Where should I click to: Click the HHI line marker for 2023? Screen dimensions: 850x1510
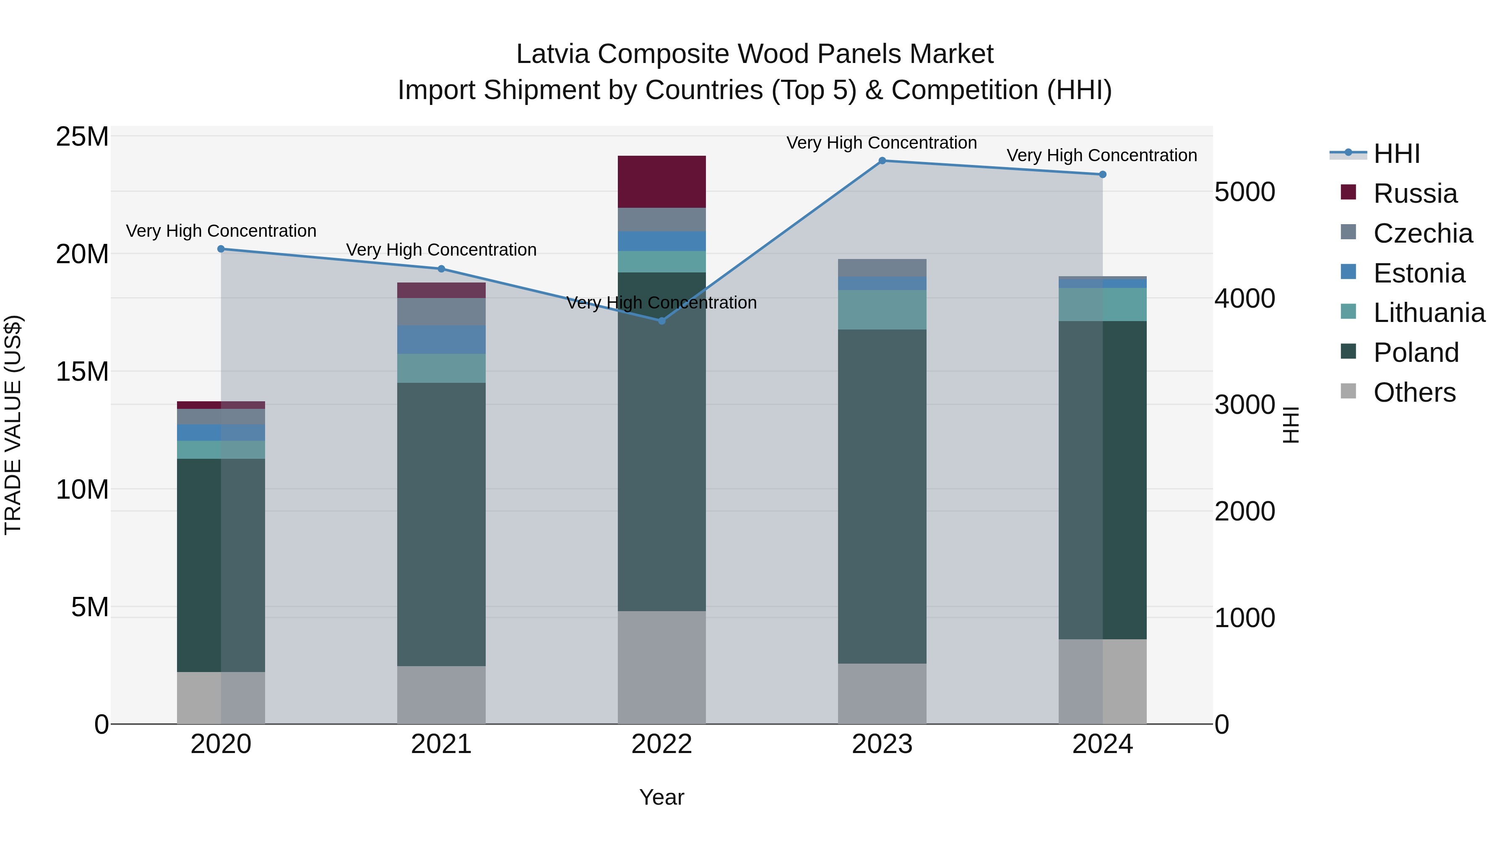click(882, 161)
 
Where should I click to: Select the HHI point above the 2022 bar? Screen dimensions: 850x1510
click(662, 321)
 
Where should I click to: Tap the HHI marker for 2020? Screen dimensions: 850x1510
click(221, 249)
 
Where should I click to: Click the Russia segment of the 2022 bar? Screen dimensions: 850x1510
click(662, 182)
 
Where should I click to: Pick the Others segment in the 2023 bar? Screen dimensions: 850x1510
click(882, 693)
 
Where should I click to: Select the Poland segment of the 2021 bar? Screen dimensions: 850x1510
click(441, 524)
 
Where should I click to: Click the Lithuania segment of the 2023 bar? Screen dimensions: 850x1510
click(882, 310)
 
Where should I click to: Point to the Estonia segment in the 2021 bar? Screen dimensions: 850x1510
click(441, 340)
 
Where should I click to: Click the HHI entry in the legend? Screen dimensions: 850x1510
click(1396, 154)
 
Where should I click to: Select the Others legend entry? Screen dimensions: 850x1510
click(1414, 392)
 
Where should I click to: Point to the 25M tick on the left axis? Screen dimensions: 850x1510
click(82, 137)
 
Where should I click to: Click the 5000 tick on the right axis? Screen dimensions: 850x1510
click(1244, 192)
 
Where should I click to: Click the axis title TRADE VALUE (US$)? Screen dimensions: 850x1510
click(13, 425)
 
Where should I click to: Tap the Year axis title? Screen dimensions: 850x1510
click(662, 797)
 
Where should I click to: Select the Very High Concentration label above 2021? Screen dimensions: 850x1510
click(441, 250)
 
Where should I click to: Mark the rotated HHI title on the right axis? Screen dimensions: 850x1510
click(1291, 425)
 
